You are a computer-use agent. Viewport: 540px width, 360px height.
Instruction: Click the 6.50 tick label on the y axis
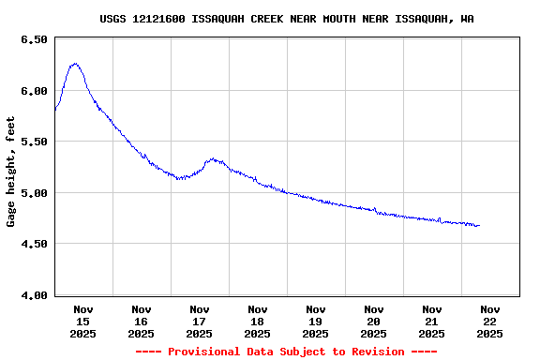tap(33, 40)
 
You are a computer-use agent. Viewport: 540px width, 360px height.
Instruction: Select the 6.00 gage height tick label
tap(33, 91)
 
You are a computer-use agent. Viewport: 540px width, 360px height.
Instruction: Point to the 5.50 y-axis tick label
tap(33, 142)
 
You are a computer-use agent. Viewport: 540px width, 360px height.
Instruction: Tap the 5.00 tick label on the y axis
tap(33, 193)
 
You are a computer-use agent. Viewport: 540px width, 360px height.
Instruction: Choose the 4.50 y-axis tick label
tap(33, 244)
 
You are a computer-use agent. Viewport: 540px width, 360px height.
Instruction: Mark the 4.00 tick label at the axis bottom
tap(33, 295)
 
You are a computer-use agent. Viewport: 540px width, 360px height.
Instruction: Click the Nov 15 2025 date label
tap(83, 321)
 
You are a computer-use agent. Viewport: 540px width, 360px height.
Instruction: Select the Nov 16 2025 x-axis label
tap(142, 321)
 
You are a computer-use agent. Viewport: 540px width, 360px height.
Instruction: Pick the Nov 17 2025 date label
tap(200, 321)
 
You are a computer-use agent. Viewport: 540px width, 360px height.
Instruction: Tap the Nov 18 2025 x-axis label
tap(258, 321)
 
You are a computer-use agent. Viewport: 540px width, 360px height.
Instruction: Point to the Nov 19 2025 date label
tap(316, 321)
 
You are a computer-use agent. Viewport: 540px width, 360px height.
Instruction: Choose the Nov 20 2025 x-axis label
tap(374, 321)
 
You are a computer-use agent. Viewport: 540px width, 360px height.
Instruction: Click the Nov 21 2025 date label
tap(432, 321)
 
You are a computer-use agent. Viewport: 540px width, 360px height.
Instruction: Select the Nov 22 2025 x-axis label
tap(490, 321)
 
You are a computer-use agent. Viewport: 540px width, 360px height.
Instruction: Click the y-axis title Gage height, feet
tap(11, 172)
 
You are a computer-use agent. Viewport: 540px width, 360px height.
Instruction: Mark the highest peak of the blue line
tap(75, 64)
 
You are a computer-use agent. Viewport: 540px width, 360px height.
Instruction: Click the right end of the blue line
tap(479, 226)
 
